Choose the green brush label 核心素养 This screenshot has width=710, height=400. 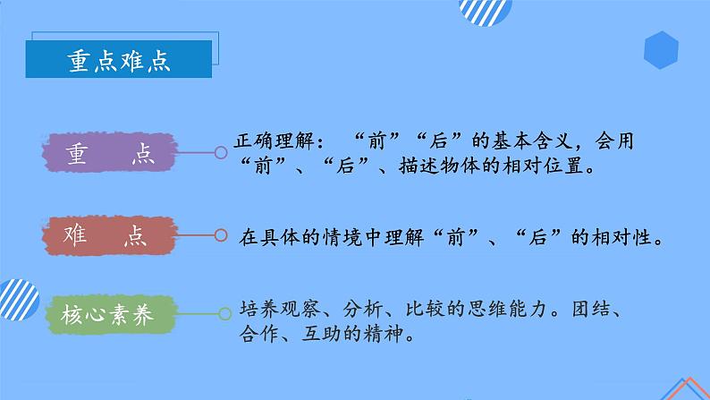[108, 314]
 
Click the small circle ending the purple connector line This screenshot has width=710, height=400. [221, 154]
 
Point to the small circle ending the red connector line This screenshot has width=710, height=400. [221, 236]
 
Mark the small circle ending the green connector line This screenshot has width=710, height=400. [221, 314]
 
